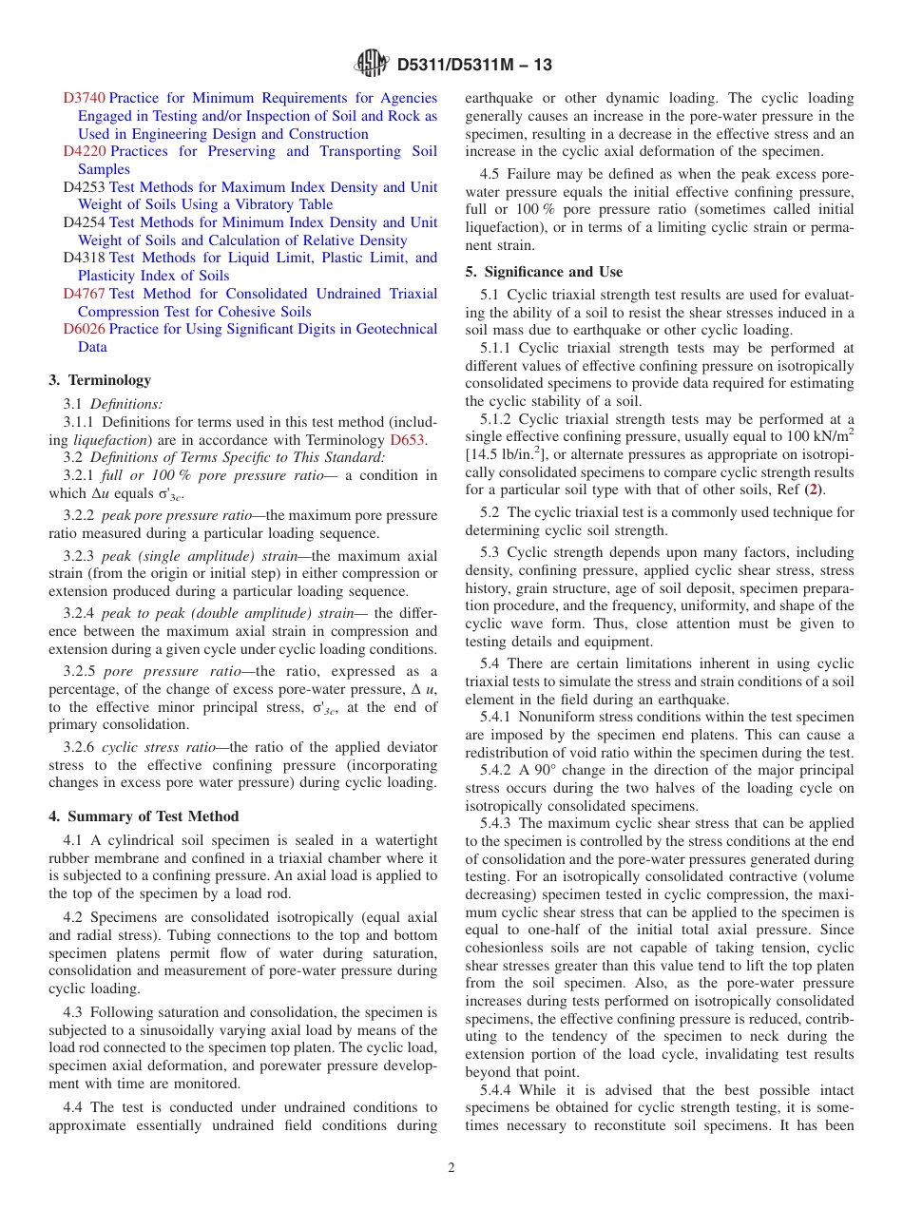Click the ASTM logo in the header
click(372, 64)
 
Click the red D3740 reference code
click(84, 98)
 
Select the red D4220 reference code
click(84, 151)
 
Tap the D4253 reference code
click(84, 187)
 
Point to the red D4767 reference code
click(84, 294)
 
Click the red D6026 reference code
click(84, 329)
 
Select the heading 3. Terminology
click(100, 380)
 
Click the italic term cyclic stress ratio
click(148, 747)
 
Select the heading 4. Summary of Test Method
click(144, 816)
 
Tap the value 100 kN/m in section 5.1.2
click(819, 437)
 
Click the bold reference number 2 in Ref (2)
click(811, 490)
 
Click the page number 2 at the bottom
click(451, 1167)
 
